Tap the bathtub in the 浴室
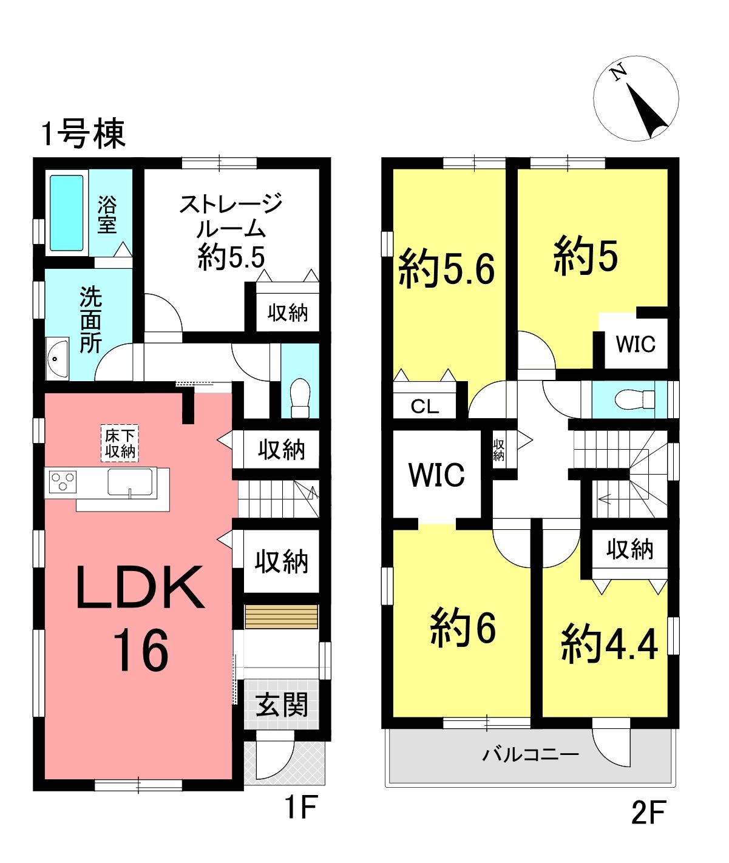point(67,213)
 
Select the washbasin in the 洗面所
point(57,358)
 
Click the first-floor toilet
point(300,398)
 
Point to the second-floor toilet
point(635,399)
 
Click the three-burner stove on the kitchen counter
point(63,482)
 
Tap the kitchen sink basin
point(130,482)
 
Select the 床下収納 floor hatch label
point(120,444)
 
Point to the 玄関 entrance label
point(282,705)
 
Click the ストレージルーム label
point(231,216)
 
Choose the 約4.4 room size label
point(609,646)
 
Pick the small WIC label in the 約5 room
point(636,344)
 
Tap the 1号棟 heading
point(84,134)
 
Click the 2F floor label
point(648,811)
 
